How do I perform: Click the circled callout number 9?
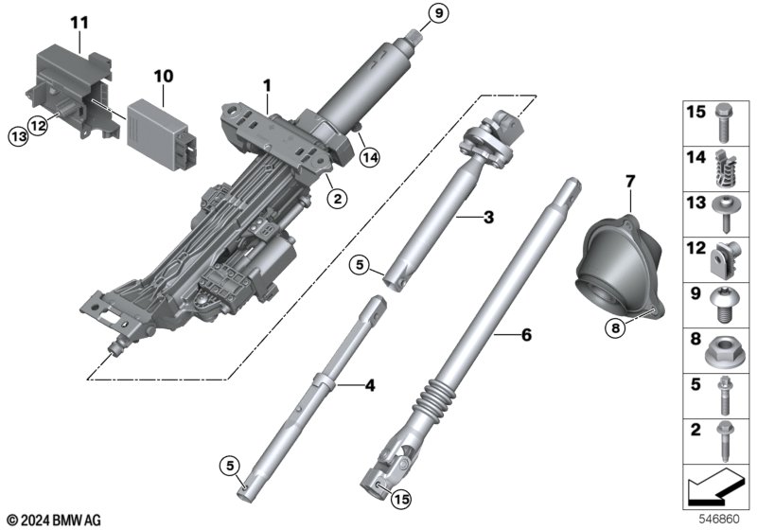click(438, 13)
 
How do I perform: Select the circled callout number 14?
click(370, 157)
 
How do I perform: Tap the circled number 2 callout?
click(337, 198)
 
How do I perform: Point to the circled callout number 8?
click(615, 328)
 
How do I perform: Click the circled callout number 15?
click(401, 499)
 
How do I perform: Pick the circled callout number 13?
click(18, 137)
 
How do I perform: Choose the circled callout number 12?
click(38, 126)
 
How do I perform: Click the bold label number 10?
click(164, 77)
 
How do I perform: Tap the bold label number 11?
click(79, 23)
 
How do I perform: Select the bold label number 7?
click(630, 182)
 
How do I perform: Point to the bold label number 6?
click(526, 334)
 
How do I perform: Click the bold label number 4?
click(370, 386)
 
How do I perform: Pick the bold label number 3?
click(488, 218)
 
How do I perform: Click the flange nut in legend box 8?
click(725, 351)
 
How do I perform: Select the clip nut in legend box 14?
click(724, 168)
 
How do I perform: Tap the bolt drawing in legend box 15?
click(723, 123)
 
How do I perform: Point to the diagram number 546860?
click(719, 520)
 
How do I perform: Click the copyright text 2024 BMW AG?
click(54, 521)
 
